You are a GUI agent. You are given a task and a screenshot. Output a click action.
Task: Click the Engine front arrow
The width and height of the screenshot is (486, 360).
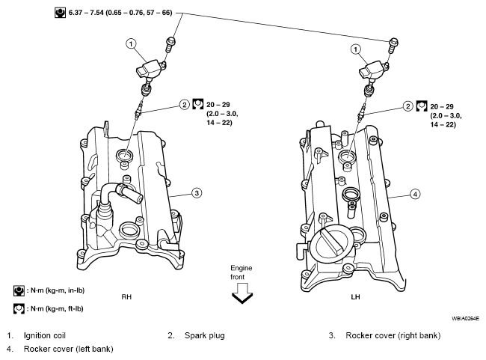[242, 293]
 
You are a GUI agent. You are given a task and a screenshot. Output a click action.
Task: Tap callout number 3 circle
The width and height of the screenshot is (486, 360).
[197, 193]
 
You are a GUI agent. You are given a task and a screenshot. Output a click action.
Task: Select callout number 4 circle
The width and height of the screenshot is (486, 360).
[415, 195]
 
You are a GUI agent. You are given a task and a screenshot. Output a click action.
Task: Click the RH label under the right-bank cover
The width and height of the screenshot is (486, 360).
[126, 297]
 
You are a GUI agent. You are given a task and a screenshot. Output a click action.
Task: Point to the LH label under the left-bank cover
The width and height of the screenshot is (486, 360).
[355, 297]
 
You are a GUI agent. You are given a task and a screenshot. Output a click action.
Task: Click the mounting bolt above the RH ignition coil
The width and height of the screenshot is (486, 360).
[170, 45]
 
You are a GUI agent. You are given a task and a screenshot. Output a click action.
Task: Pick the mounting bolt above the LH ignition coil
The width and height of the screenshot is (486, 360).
[393, 46]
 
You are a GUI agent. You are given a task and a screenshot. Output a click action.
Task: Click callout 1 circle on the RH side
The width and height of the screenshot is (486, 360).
[131, 43]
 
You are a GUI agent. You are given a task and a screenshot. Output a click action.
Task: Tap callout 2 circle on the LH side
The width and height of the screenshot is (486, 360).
[408, 106]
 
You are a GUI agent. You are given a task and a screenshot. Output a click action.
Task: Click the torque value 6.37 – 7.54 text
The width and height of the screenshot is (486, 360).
[86, 13]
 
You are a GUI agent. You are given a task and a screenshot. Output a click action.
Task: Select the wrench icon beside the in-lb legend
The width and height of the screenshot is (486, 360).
[19, 291]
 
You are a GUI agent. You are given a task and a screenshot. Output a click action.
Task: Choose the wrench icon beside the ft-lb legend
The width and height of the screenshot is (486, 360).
[19, 309]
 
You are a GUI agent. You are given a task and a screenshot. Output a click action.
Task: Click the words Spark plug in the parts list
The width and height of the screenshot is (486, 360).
[205, 335]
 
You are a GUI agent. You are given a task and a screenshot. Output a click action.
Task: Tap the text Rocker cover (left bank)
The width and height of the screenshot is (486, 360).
[68, 349]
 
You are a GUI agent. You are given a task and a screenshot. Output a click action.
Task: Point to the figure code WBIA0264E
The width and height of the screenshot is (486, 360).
[465, 318]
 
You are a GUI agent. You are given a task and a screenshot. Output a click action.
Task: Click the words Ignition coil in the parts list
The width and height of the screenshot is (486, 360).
[45, 335]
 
